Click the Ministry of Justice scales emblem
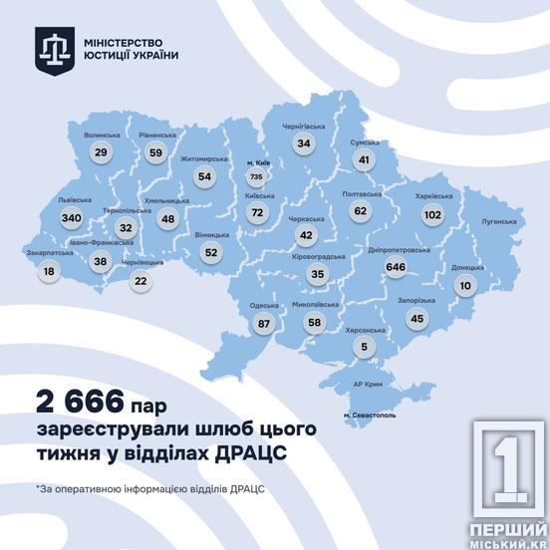(x=53, y=49)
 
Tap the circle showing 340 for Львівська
(x=71, y=217)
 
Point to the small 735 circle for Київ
(x=256, y=177)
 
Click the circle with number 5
(x=365, y=347)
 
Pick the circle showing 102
(x=432, y=213)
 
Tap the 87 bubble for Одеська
(x=264, y=323)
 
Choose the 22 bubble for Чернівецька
(x=139, y=280)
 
